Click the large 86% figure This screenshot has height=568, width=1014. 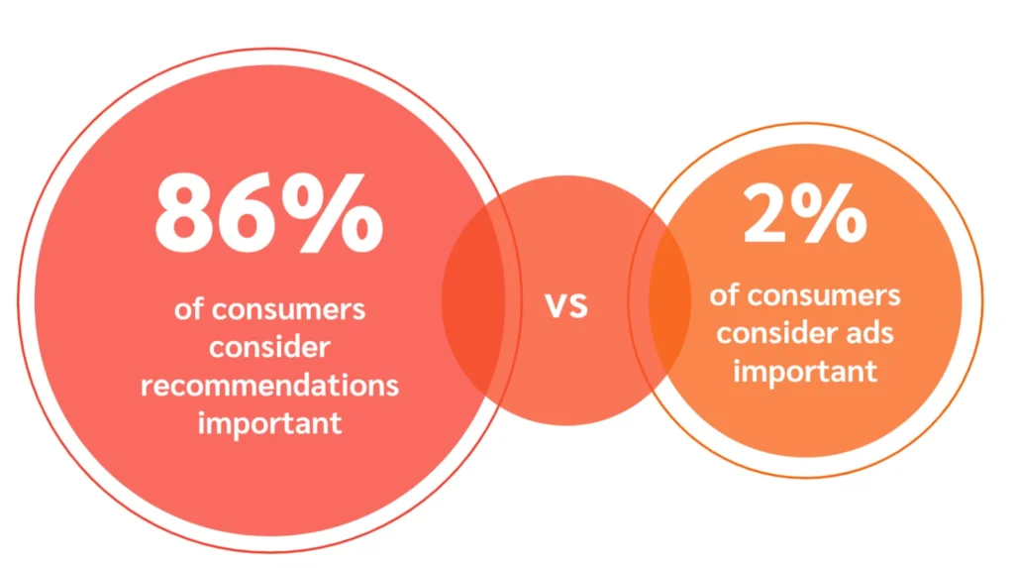(x=268, y=213)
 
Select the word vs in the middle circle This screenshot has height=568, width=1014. (x=566, y=304)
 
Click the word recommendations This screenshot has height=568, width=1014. (x=269, y=385)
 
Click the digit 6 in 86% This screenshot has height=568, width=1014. (x=259, y=213)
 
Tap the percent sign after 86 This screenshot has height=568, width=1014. (x=340, y=213)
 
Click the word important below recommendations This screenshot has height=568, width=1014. (x=269, y=422)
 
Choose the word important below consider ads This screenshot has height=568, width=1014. (x=805, y=371)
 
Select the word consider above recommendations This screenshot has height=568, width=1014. (x=269, y=347)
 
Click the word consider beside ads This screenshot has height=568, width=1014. (x=776, y=333)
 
